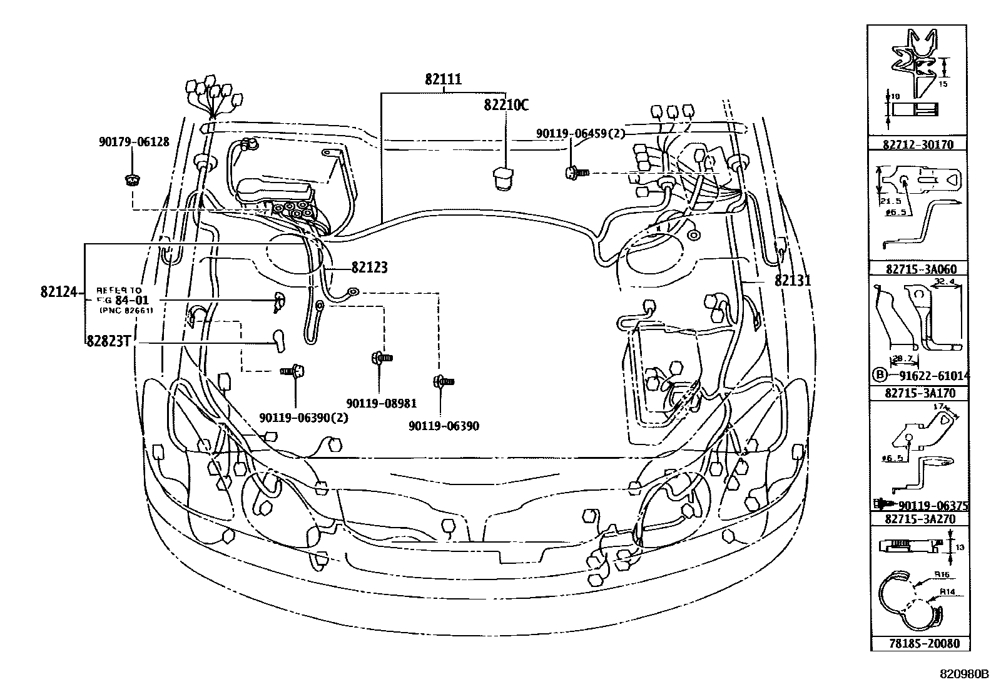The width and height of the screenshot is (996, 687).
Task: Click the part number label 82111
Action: tap(443, 79)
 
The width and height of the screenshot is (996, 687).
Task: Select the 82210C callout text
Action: tap(506, 105)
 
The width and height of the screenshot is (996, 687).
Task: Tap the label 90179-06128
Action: tap(134, 142)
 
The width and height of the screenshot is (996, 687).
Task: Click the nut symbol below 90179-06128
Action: tap(131, 181)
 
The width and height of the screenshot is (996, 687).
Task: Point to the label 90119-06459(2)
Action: tap(580, 134)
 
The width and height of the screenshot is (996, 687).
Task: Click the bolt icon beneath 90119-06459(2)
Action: tap(577, 172)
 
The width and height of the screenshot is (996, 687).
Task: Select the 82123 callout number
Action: tap(369, 268)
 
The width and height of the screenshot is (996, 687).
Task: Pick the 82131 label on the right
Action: tap(792, 281)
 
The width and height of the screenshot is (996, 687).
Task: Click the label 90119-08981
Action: tap(381, 404)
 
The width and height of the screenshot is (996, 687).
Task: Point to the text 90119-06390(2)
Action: tap(303, 417)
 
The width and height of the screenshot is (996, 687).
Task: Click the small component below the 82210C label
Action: tap(502, 178)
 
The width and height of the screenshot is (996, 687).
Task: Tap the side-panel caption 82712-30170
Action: tap(918, 144)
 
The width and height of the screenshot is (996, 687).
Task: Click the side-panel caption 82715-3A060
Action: tap(918, 269)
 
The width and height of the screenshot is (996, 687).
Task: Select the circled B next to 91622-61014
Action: tap(880, 376)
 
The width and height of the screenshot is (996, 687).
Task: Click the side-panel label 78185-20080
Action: tap(918, 643)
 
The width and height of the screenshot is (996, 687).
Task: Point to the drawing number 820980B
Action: tap(964, 674)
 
